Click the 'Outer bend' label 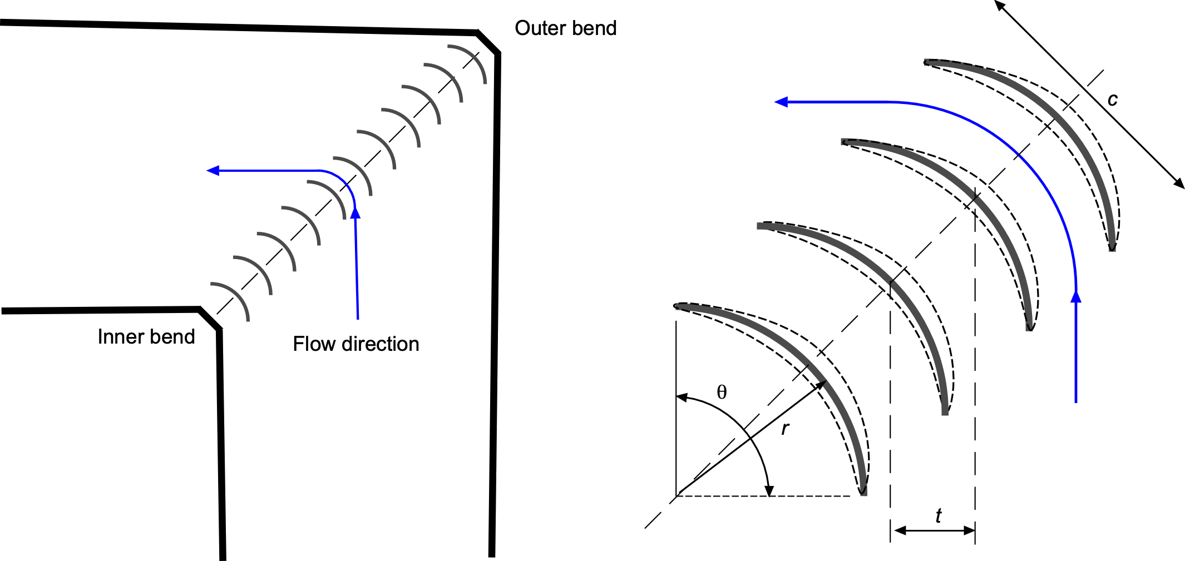565,28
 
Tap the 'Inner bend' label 146,337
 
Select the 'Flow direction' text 355,344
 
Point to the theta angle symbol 722,393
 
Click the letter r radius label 785,428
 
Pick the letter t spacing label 938,516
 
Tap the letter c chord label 1112,100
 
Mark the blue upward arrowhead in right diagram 1076,297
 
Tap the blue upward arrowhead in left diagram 355,212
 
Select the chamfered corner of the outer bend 488,43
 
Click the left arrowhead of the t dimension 897,530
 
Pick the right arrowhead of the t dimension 969,530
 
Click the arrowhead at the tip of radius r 820,386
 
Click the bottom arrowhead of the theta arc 769,490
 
